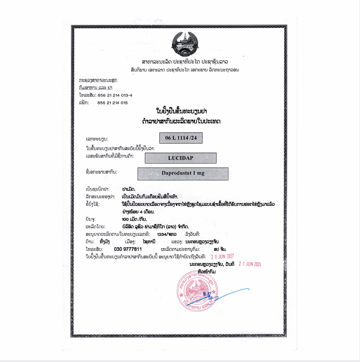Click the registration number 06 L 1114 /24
tap(181, 138)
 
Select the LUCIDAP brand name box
tap(180, 158)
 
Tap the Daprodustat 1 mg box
tap(183, 174)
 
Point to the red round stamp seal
tap(197, 290)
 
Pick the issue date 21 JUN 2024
tap(250, 264)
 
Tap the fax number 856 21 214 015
tap(112, 103)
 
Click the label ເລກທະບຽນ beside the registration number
tap(97, 138)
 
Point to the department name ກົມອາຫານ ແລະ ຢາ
tap(95, 88)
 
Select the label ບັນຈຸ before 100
tap(91, 219)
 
